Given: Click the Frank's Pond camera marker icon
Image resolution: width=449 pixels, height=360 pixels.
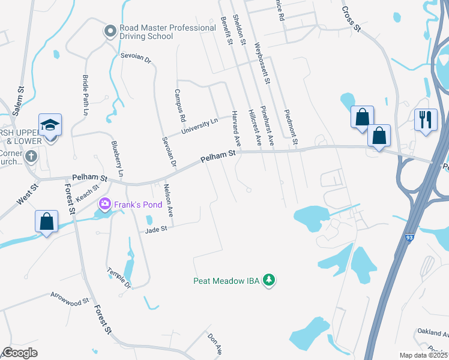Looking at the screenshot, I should pyautogui.click(x=105, y=205).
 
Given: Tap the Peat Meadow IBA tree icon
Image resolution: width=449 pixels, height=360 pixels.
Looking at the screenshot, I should pyautogui.click(x=270, y=280).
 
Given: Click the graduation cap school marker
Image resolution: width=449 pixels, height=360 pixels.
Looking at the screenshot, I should pyautogui.click(x=50, y=125).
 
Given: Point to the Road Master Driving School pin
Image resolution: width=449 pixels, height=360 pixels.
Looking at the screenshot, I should pyautogui.click(x=110, y=31).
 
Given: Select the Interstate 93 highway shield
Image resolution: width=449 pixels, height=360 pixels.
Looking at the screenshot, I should pyautogui.click(x=408, y=238).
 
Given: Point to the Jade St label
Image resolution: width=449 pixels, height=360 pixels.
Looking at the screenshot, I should pyautogui.click(x=155, y=229).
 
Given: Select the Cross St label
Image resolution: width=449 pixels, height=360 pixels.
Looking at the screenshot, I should pyautogui.click(x=351, y=19).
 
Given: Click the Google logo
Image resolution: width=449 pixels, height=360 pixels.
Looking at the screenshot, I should pyautogui.click(x=20, y=352).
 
